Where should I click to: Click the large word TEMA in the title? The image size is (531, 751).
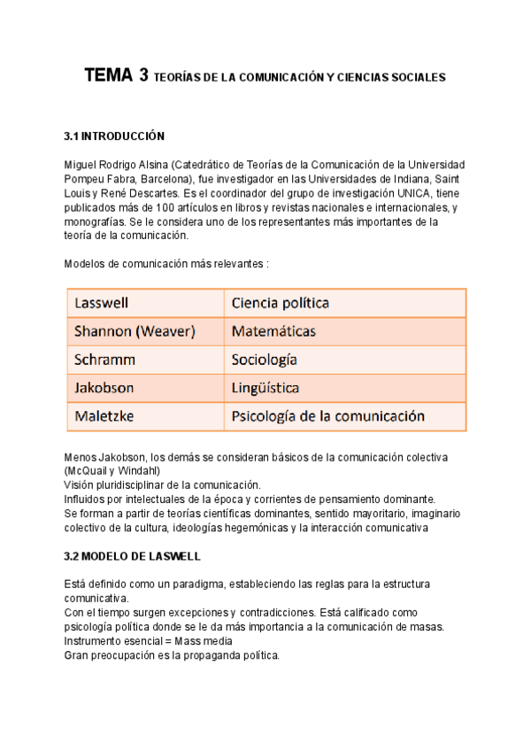(x=109, y=76)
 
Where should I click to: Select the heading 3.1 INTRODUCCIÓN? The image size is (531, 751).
(x=115, y=136)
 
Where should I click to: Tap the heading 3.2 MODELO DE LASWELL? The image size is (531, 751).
(x=133, y=556)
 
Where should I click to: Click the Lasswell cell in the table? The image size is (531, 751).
(x=103, y=303)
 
